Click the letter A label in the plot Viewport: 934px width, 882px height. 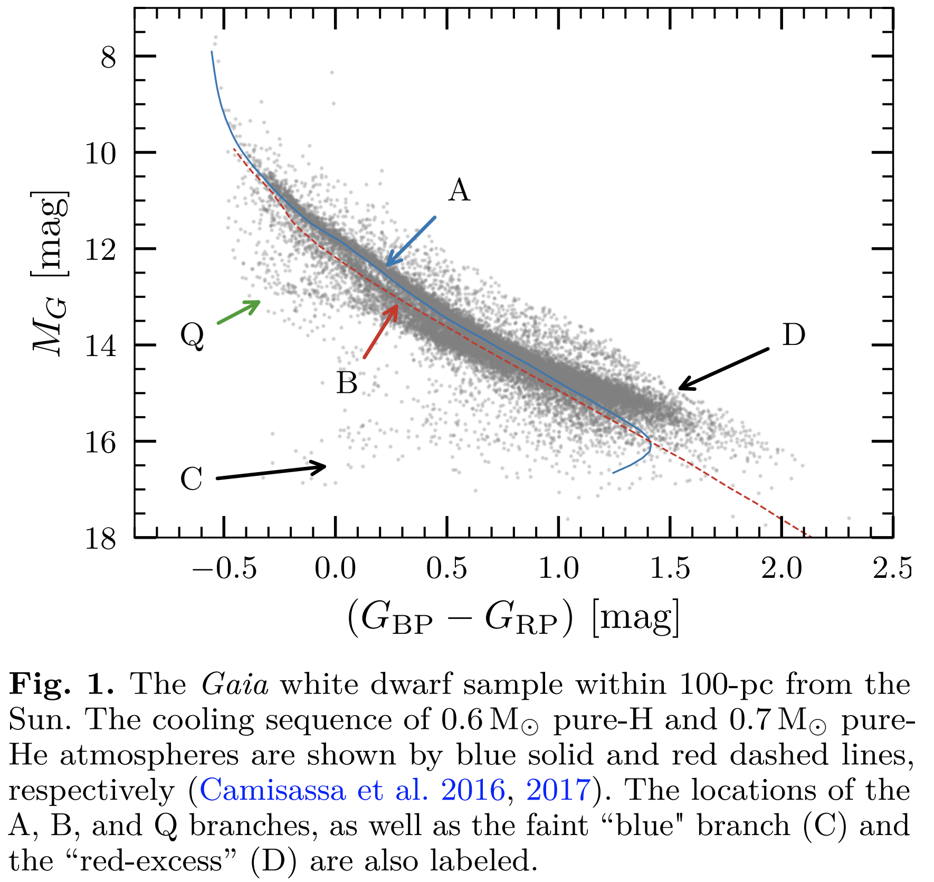[459, 191]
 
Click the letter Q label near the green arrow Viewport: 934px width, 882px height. [192, 336]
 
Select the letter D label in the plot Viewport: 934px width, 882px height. [793, 335]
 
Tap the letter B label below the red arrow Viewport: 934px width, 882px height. [347, 383]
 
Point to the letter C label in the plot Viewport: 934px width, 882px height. [191, 479]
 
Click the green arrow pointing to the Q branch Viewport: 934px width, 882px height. [239, 312]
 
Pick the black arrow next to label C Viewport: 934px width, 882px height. [271, 472]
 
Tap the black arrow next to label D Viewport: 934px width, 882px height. [723, 369]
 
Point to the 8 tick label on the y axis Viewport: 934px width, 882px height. [108, 57]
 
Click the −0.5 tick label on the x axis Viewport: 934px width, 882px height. [224, 569]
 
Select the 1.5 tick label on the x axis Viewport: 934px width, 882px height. [670, 569]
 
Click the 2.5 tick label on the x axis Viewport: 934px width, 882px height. [892, 569]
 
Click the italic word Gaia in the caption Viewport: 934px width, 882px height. [234, 685]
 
